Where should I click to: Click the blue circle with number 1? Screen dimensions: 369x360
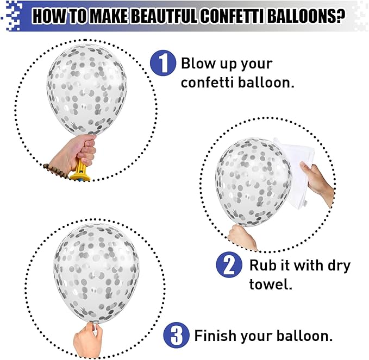(163, 63)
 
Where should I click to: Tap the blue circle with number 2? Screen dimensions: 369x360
(229, 264)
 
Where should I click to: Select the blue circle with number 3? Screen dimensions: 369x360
(176, 335)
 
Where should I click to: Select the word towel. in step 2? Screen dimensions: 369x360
(271, 284)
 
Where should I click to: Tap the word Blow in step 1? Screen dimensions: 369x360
(198, 63)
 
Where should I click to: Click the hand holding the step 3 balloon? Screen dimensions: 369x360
(88, 339)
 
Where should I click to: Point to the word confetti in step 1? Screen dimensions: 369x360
(207, 83)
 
